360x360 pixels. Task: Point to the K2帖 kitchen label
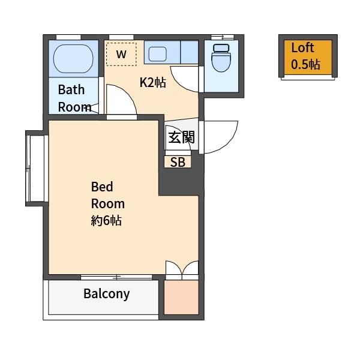152,83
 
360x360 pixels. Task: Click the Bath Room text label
74,98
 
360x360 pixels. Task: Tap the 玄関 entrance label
181,137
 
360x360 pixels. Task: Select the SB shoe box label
178,162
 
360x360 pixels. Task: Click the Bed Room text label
107,194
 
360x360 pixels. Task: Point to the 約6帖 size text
106,220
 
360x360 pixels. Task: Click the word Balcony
106,294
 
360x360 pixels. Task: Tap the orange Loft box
307,57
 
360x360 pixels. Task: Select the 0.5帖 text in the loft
306,65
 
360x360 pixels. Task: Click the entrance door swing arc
221,137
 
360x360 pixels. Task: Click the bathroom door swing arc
120,100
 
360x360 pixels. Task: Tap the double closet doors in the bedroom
181,269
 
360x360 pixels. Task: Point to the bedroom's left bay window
35,169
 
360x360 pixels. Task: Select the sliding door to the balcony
116,277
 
